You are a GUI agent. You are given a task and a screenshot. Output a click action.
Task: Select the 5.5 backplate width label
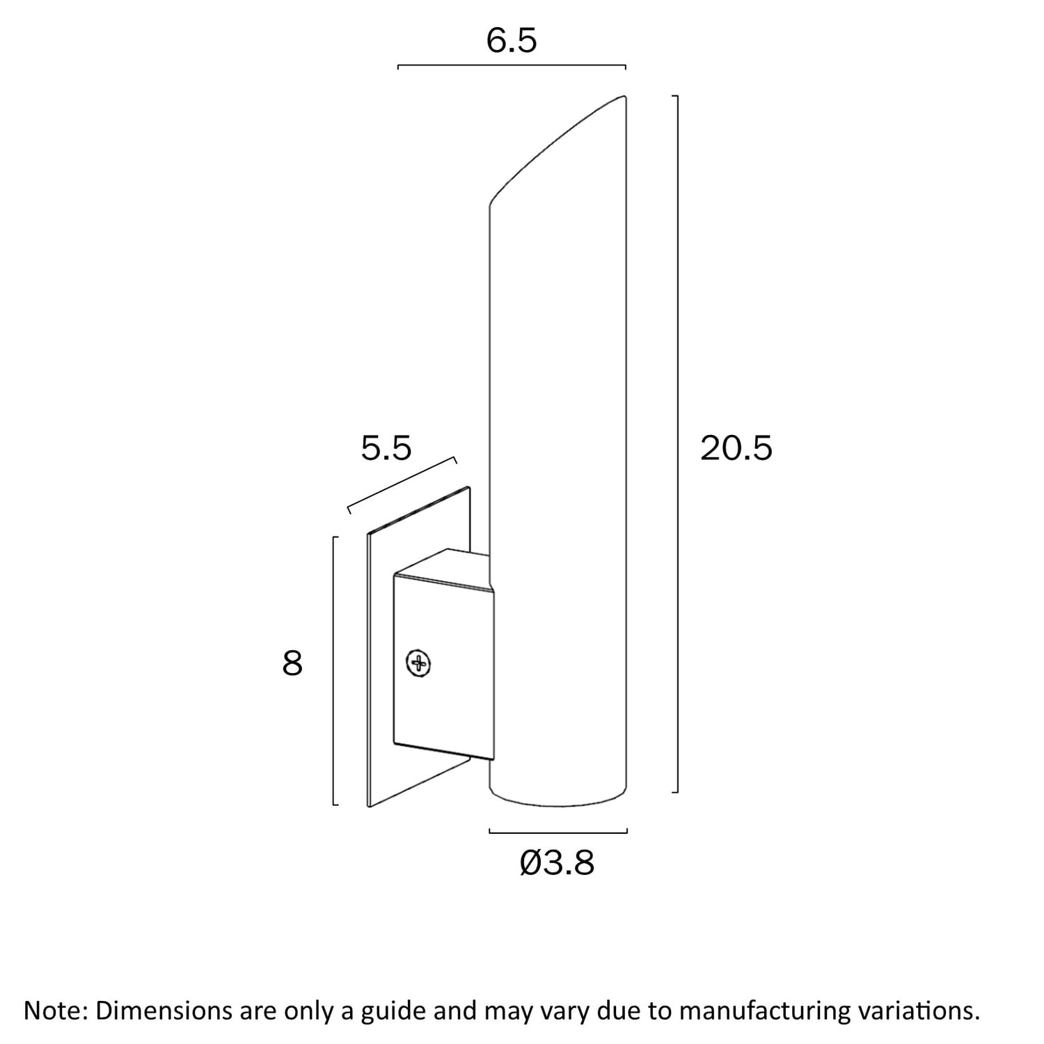(386, 448)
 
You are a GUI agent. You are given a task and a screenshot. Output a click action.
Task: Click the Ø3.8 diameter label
(557, 863)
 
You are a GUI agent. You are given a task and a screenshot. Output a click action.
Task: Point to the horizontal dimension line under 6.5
(512, 66)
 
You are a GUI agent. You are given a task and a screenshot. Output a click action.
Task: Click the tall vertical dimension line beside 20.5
(677, 443)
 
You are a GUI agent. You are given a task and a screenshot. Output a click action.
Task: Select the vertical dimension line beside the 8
(335, 671)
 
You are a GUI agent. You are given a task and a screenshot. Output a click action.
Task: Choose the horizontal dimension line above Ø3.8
(559, 832)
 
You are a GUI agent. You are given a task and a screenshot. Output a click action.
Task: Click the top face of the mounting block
(443, 569)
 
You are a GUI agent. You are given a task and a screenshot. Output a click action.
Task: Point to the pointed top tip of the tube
(624, 97)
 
